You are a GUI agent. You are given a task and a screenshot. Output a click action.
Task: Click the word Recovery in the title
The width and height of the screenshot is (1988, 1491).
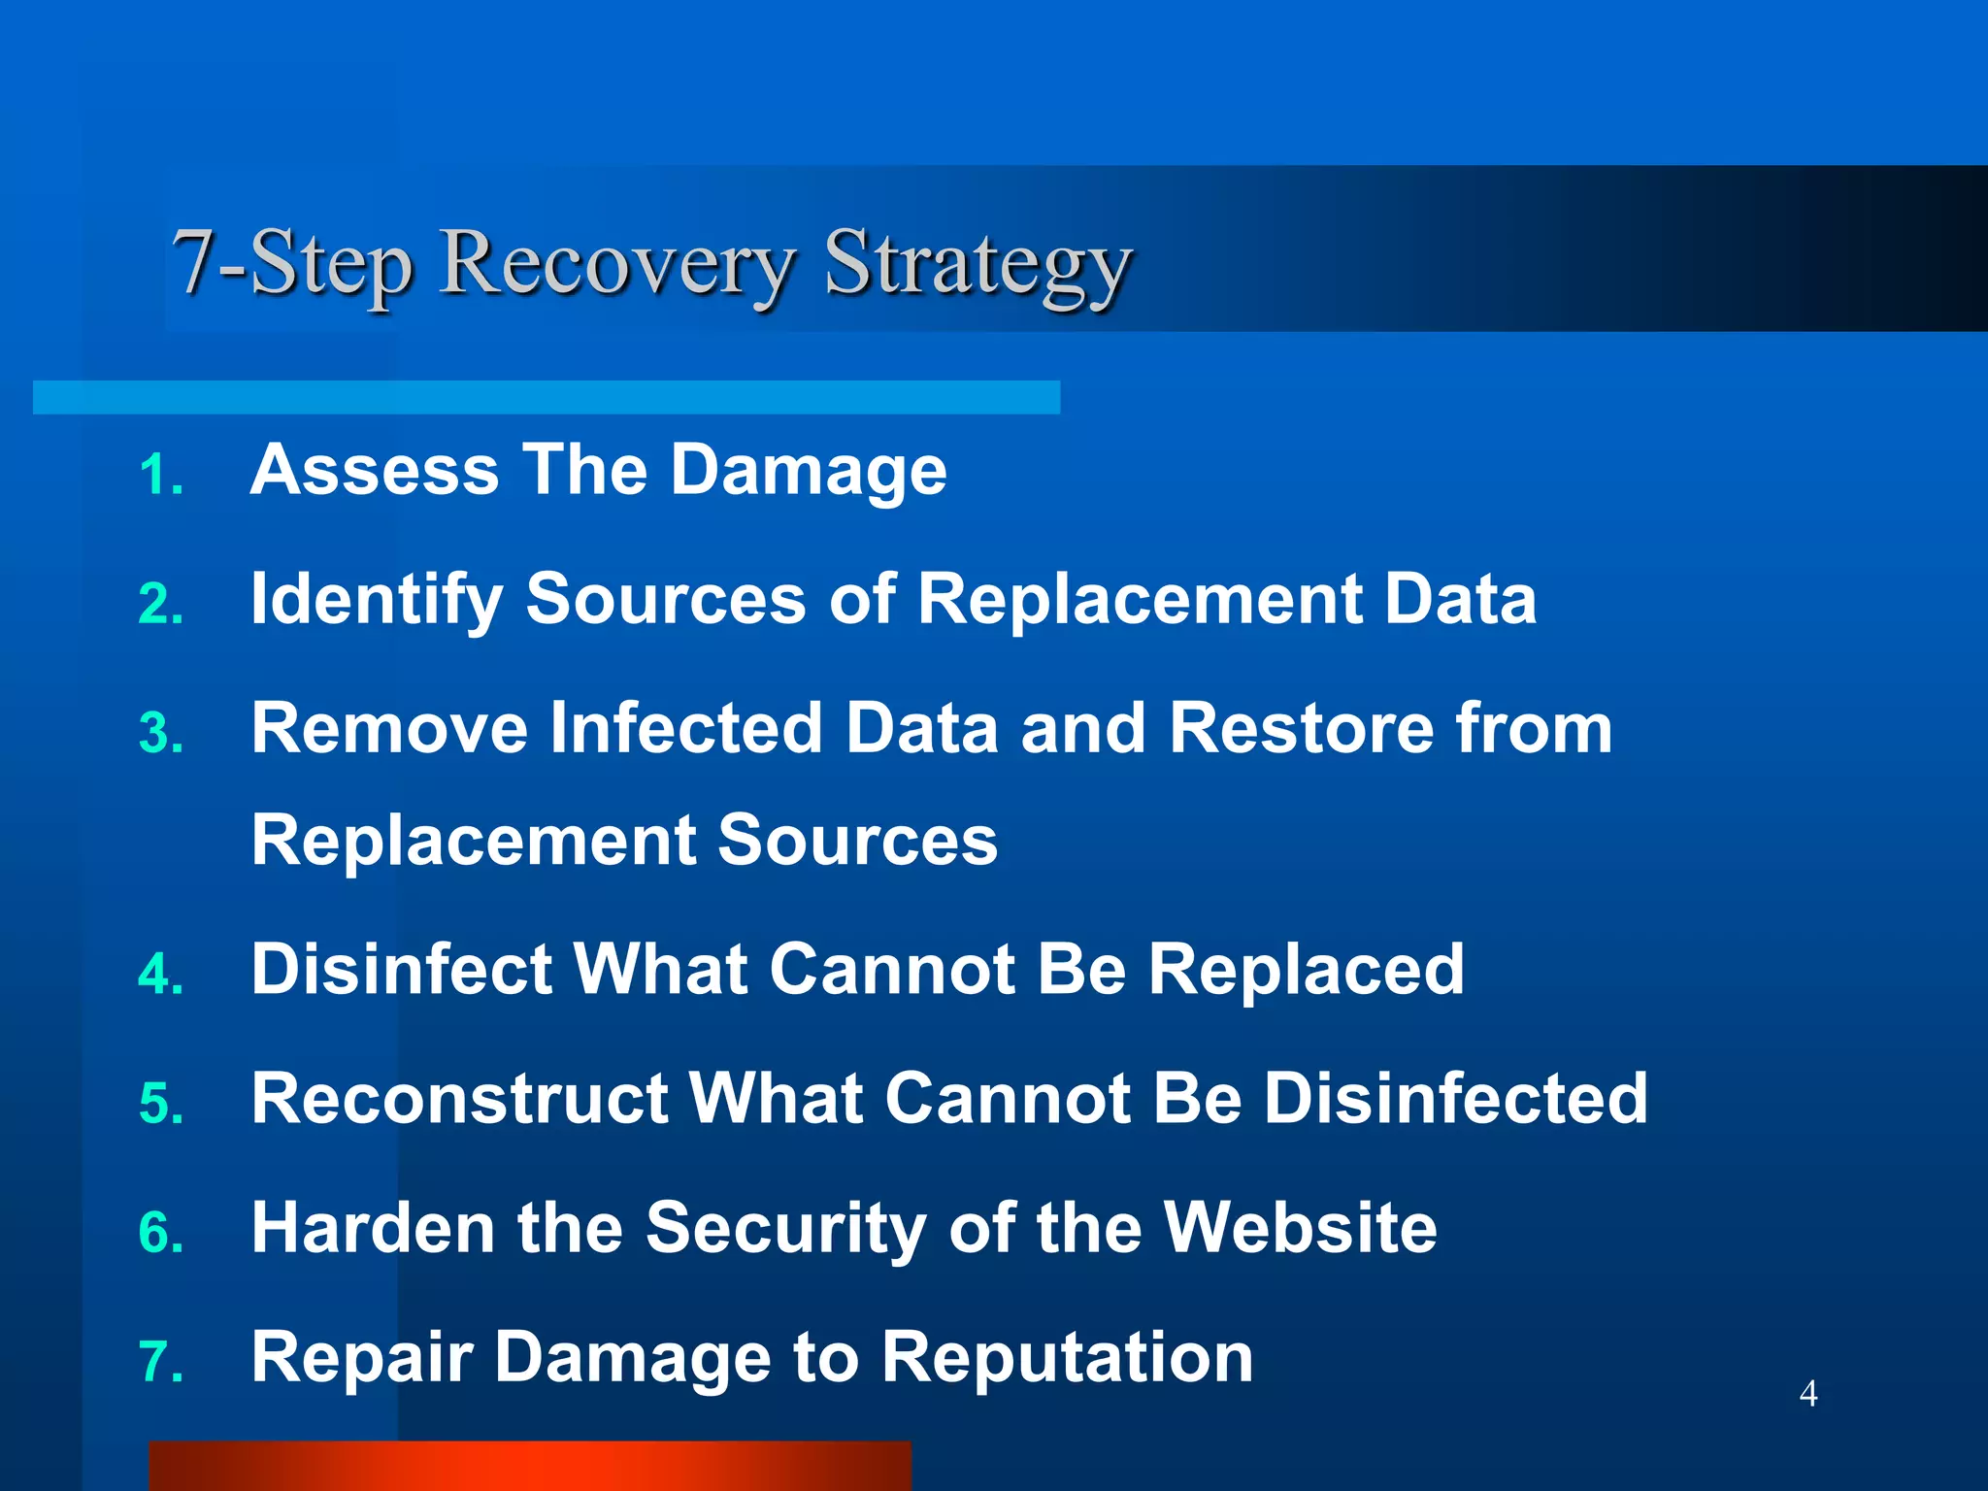coord(617,264)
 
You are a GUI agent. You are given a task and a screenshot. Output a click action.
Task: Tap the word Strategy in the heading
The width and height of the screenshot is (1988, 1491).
coord(978,264)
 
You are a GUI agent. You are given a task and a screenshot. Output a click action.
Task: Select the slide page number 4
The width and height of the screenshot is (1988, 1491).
coord(1808,1393)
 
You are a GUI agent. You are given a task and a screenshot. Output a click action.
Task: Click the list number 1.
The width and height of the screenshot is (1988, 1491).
coord(161,476)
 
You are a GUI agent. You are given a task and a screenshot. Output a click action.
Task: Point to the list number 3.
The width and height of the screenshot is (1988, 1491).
coord(161,734)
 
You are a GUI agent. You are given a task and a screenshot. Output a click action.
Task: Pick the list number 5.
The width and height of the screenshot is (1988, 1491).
coord(161,1105)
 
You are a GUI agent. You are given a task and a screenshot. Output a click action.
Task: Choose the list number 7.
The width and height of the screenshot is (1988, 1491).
coord(161,1362)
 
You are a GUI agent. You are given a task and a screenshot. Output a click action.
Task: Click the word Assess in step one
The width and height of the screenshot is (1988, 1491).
coord(375,471)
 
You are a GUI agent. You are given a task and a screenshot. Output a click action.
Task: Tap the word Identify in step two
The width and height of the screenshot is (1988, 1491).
coord(377,600)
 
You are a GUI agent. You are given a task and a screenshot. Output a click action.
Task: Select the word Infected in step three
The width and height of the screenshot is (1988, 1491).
coord(686,728)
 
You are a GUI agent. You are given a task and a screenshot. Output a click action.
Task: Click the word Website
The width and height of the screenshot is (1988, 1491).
coord(1300,1228)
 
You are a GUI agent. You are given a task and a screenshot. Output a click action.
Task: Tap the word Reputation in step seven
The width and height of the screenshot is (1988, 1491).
coord(1067,1358)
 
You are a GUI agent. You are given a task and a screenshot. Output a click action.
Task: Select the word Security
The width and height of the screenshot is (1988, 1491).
coord(785,1229)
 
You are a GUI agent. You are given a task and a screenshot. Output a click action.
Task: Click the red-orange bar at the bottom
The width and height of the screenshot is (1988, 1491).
coord(530,1466)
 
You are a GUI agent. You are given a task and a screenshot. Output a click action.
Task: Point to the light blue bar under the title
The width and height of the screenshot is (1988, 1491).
coord(546,397)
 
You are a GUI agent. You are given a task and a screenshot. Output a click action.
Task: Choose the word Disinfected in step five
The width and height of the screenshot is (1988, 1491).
coord(1455,1099)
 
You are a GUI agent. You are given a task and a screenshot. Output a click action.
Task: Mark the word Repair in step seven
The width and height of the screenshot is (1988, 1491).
coord(362,1358)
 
